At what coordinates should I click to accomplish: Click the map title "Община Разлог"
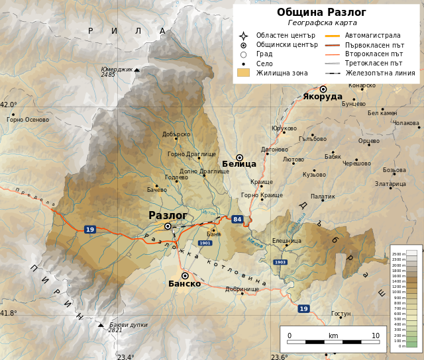pos(321,13)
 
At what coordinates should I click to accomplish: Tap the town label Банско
pos(184,284)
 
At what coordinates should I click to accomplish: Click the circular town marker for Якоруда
pos(323,89)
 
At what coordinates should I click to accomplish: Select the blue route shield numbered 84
pos(237,219)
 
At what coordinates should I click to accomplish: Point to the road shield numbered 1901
pos(205,243)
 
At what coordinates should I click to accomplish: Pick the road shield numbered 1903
pos(280,262)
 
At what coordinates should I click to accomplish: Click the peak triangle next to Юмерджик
pos(137,69)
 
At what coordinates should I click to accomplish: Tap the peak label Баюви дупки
pos(129,325)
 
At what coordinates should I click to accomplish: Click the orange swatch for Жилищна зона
pos(243,73)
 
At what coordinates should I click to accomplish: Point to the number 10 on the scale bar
pos(376,336)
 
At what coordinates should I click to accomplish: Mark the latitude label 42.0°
pos(9,105)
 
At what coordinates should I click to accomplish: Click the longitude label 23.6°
pos(279,357)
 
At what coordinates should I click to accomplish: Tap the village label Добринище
pos(242,289)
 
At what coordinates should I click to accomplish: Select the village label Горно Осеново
pos(28,120)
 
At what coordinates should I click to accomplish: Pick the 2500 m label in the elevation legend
pos(397,254)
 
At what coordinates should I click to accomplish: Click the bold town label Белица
pos(238,164)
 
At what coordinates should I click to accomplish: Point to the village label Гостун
pos(341,313)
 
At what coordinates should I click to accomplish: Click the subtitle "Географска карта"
pos(322,22)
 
